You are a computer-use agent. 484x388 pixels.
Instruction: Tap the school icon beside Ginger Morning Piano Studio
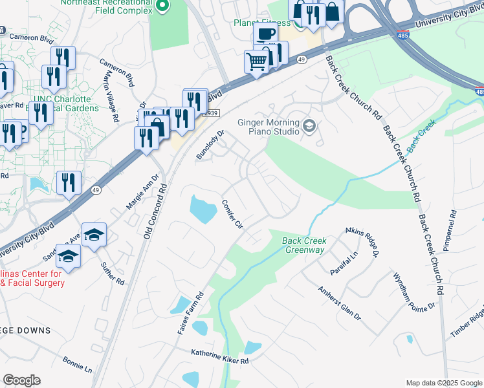point(309,125)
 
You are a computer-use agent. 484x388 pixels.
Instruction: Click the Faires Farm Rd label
point(191,314)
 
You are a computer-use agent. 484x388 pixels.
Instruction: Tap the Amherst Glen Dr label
point(340,301)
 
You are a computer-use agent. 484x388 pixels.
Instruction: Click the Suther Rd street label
point(112,273)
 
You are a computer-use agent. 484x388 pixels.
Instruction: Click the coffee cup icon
point(265,33)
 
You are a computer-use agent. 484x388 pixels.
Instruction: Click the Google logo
point(21,380)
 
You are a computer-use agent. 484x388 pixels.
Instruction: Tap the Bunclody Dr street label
point(210,145)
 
